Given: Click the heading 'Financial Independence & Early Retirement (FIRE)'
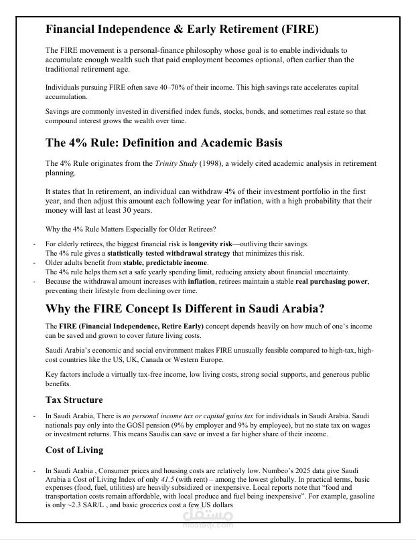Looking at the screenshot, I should (182, 29).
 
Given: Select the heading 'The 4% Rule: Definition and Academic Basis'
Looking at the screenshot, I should (164, 143).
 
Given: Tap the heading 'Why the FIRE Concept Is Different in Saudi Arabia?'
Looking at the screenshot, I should (186, 309).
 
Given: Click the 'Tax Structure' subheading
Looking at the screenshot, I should (74, 399).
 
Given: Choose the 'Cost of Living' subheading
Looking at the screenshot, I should (74, 450).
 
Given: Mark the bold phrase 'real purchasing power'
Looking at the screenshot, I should (332, 282).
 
